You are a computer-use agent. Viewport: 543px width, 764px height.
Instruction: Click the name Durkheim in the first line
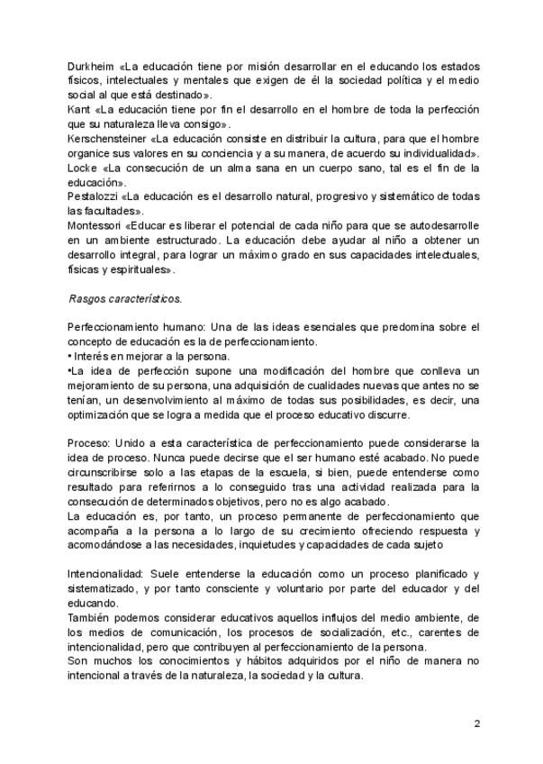[x=89, y=67]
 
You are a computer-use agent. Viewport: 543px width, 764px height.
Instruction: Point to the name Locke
[x=82, y=168]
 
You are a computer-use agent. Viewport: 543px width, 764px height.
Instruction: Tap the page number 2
[x=476, y=723]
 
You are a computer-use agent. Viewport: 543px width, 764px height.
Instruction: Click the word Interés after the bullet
[x=90, y=356]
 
